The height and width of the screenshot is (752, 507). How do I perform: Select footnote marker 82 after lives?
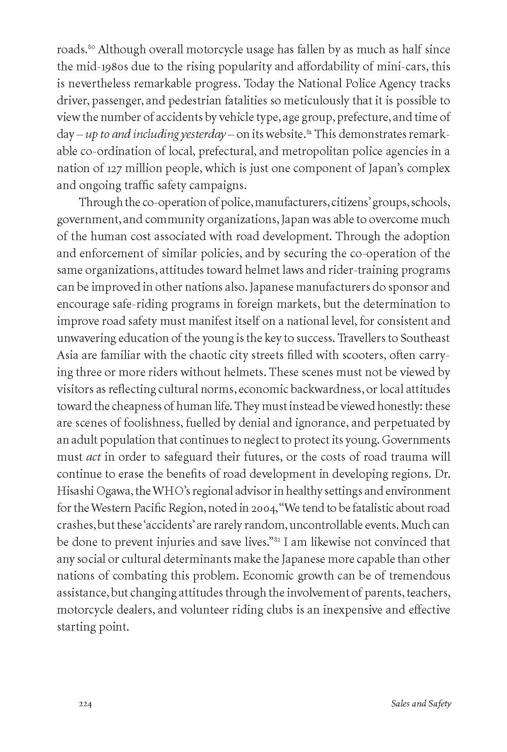tap(277, 540)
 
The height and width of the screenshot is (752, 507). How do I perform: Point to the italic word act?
tap(91, 457)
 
